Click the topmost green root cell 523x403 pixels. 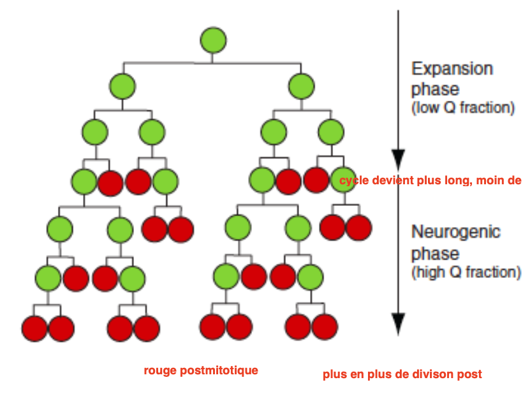pos(213,40)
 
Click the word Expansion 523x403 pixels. pos(452,69)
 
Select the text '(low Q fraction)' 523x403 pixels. pos(463,108)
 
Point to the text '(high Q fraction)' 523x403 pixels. pos(466,272)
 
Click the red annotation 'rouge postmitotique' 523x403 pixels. pos(201,370)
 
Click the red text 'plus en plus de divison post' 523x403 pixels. pos(402,374)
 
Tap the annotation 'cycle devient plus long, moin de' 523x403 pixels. pos(431,180)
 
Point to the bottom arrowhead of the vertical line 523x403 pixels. pos(399,324)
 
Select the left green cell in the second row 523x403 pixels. pos(122,85)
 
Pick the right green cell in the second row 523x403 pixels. pos(300,85)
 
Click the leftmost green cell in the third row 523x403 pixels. pos(95,133)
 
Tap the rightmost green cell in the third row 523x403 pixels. pos(330,133)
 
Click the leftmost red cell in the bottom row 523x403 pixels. pos(34,328)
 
